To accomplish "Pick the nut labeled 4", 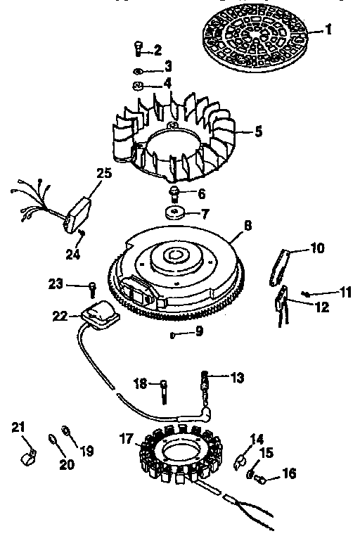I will click(x=139, y=87).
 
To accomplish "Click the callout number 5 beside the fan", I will click(x=259, y=132).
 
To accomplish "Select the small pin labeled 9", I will click(x=172, y=334).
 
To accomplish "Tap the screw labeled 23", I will click(x=92, y=286).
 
